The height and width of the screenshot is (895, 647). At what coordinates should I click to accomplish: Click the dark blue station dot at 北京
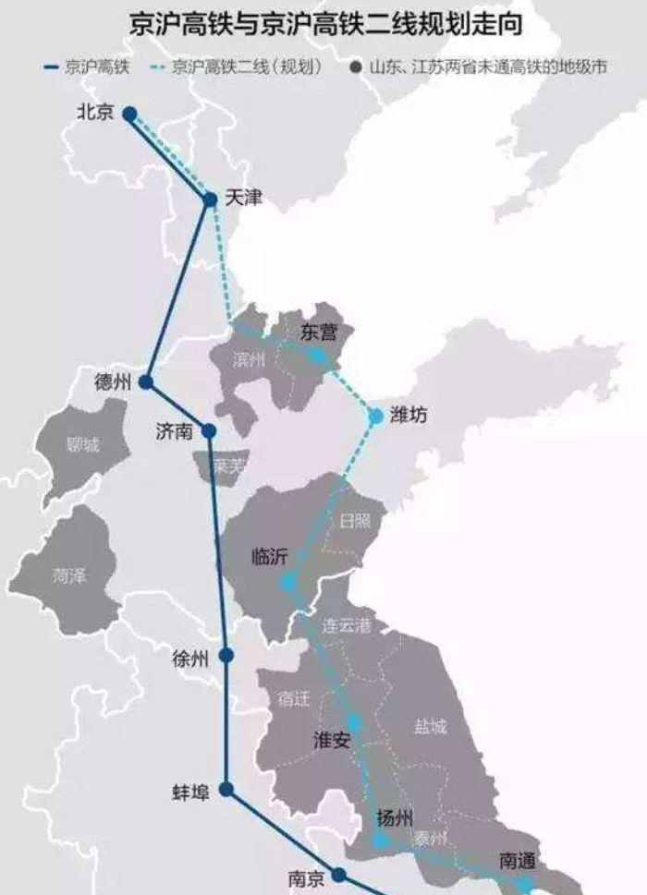coord(130,114)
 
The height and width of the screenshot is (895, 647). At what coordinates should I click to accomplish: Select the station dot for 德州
coord(146,381)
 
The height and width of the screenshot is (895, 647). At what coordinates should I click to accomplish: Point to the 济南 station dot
coord(209,430)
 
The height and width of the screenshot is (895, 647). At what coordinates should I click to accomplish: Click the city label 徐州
coord(190,659)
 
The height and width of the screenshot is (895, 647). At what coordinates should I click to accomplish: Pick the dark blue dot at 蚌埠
coord(225,790)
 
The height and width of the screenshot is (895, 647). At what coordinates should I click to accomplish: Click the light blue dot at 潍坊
coord(376,417)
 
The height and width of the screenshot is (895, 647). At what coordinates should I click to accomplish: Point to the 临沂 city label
coord(270,556)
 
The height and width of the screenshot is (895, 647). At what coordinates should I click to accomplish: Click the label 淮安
coord(332,739)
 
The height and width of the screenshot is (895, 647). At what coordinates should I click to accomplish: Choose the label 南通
coord(517,860)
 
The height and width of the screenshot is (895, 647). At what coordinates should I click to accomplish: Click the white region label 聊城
coord(82,445)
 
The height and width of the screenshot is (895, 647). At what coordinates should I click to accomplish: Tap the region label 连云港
coord(346,625)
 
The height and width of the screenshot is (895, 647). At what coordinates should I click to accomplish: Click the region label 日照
coord(354,522)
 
